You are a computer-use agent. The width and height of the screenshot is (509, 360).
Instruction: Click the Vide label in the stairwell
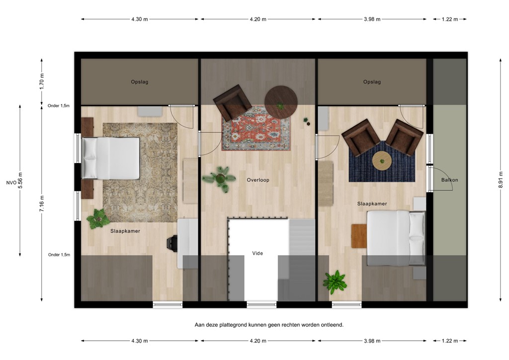click(x=257, y=253)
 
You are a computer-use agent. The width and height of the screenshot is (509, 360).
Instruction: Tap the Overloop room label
click(x=258, y=180)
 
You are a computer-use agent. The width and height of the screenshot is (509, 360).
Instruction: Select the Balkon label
click(x=449, y=180)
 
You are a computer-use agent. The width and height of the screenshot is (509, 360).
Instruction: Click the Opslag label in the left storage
click(x=140, y=82)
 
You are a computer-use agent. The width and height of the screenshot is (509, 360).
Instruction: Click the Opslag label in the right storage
click(x=372, y=82)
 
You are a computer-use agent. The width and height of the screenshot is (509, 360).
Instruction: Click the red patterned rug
click(x=256, y=128)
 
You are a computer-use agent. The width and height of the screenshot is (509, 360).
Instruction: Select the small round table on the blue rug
click(x=382, y=160)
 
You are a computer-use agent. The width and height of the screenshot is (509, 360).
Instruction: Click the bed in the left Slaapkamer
click(x=110, y=158)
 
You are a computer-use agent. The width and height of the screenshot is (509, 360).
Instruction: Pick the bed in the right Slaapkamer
click(x=396, y=238)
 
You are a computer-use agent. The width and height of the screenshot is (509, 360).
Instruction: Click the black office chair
click(x=171, y=243)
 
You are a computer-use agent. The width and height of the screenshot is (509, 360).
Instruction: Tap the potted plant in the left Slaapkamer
click(x=98, y=219)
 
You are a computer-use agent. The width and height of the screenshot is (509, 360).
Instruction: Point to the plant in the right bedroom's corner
click(x=335, y=282)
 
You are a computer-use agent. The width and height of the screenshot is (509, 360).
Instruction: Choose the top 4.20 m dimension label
click(x=257, y=19)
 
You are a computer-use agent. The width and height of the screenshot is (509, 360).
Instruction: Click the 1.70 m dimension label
click(x=42, y=81)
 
